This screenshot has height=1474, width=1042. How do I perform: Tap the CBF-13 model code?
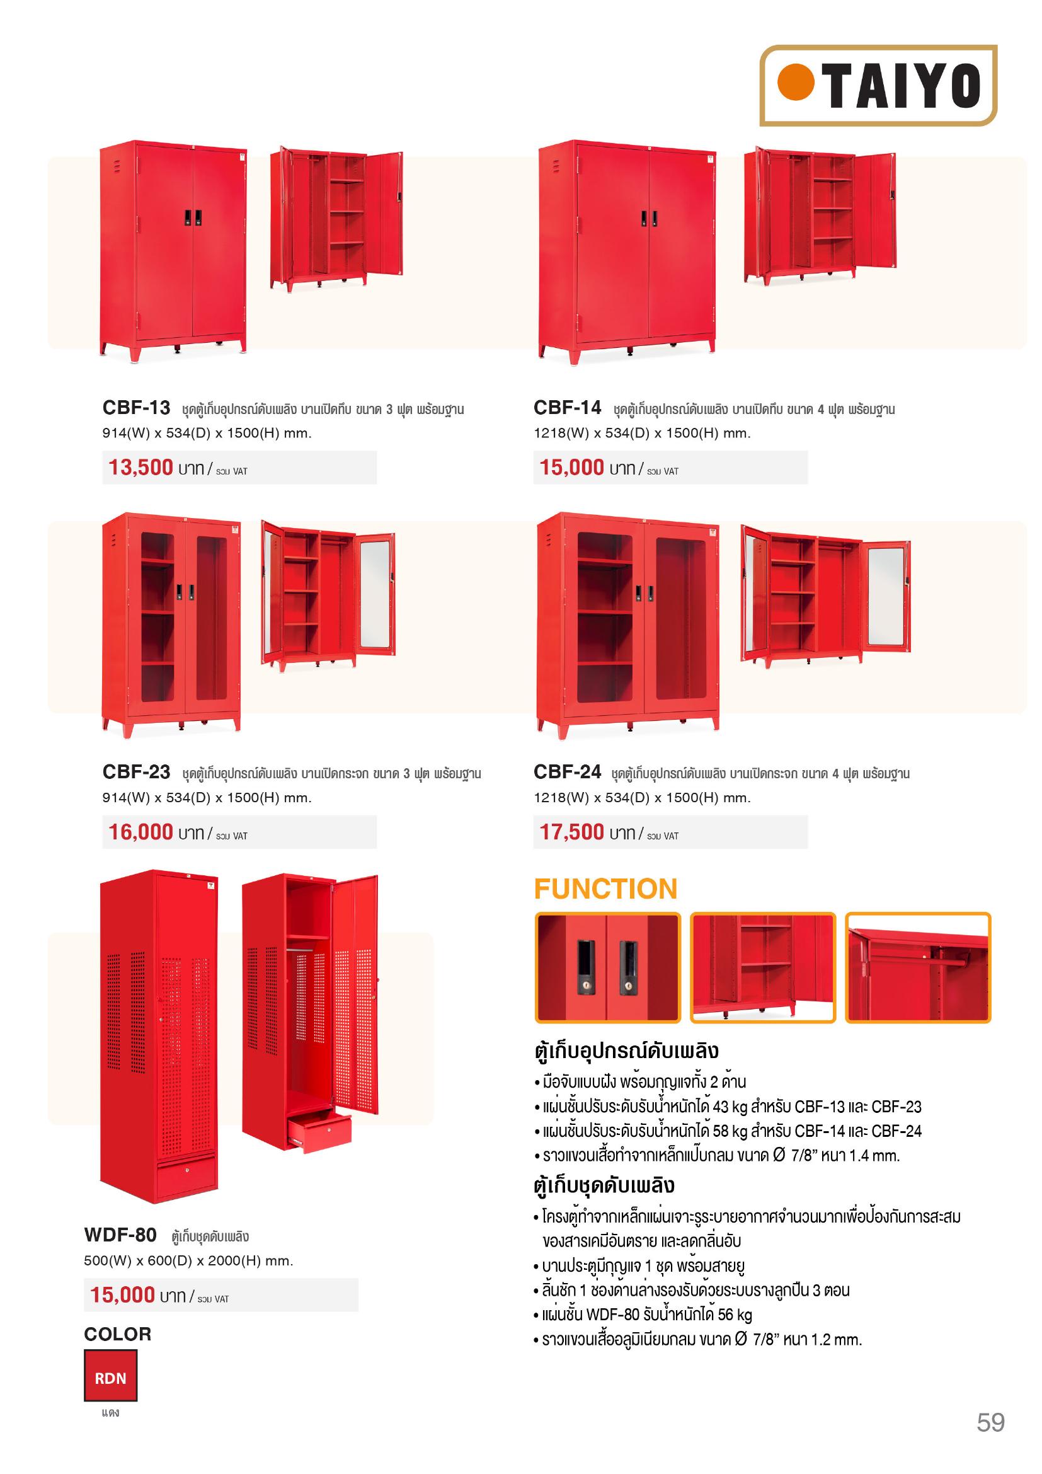coord(136,408)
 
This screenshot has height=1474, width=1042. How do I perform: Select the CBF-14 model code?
coord(567,408)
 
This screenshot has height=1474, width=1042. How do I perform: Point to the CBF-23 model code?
coord(136,772)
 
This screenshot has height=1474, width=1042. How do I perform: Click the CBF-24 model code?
coord(567,772)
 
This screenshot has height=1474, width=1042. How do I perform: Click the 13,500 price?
coord(140,468)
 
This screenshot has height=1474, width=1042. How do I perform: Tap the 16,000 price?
coord(140,832)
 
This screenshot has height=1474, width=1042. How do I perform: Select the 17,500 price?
coord(571,832)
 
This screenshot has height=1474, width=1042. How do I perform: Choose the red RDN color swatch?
coord(110,1378)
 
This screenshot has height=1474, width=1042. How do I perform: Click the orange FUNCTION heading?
coord(605,889)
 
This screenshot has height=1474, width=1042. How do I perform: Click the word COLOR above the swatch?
coord(117,1334)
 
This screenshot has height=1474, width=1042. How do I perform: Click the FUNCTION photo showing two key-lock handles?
coord(607,967)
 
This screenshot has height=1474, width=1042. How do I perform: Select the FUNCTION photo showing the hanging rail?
coord(918,967)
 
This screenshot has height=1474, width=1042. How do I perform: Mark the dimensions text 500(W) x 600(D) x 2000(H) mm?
coord(188,1260)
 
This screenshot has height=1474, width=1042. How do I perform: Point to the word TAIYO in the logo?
coord(903,85)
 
